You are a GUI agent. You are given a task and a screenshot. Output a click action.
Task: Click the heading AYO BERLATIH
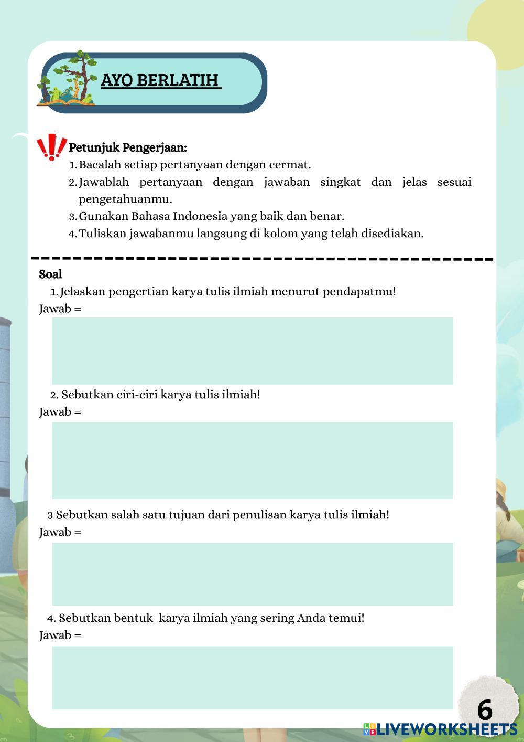coord(161,80)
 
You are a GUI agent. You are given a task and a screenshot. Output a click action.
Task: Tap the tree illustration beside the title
coord(68,79)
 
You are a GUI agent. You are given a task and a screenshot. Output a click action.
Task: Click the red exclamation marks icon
coord(51,147)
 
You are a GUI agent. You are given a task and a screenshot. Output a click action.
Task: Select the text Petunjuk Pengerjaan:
coord(128,147)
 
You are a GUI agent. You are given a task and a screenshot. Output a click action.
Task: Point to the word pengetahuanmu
coord(125,199)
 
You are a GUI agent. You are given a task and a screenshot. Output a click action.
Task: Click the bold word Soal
coord(50,274)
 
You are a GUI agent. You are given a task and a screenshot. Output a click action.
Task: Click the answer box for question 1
coord(252,351)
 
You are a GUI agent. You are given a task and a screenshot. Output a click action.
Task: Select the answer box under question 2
coord(252,460)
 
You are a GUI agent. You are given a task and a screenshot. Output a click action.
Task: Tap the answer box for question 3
coord(252,574)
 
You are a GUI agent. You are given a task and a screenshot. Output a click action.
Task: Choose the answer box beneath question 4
coord(252,677)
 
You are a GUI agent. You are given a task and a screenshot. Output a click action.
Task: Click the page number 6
coord(485,710)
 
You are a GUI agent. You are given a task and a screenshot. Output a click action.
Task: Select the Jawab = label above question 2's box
coord(60,412)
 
